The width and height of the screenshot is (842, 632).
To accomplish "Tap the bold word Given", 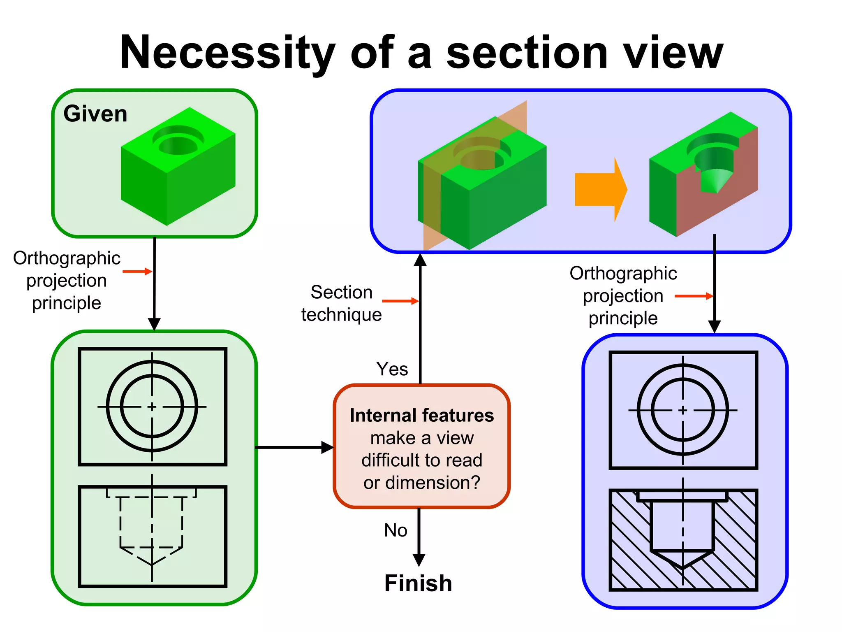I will [95, 114].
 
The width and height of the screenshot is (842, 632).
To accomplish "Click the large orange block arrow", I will [600, 189].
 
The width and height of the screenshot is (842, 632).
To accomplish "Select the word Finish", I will [418, 583].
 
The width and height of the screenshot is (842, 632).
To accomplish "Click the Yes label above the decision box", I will [392, 369].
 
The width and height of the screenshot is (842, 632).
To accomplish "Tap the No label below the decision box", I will [396, 530].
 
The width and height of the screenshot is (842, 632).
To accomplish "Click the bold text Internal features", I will [421, 415].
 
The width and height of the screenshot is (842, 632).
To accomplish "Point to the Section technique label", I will [341, 303].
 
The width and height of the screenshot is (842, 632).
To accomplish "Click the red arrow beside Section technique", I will [400, 301].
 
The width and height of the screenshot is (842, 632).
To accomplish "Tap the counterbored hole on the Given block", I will [178, 141].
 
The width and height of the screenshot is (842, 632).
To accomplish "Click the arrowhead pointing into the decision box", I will [327, 447].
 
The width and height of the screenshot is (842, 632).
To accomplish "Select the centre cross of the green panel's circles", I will [152, 407].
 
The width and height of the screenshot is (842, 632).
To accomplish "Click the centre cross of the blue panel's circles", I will [683, 410].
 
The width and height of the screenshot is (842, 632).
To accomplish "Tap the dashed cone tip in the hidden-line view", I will [152, 564].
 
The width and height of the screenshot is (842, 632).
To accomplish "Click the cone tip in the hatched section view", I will [683, 567].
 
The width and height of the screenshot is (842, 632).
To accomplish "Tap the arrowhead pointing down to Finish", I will [419, 560].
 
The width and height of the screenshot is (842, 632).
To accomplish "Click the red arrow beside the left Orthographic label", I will [137, 271].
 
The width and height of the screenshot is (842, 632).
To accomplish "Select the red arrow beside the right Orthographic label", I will [694, 296].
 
